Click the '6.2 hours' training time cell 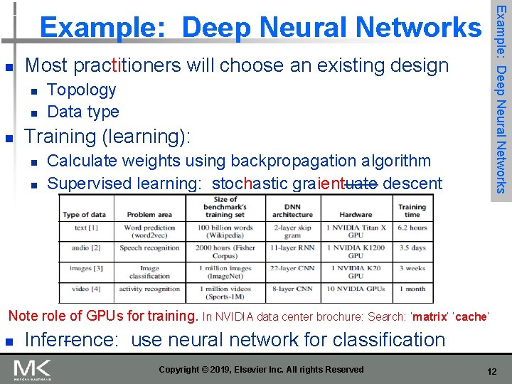click(412, 228)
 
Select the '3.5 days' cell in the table click(412, 248)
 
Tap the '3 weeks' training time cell click(412, 268)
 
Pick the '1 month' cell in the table click(412, 289)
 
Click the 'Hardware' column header click(356, 213)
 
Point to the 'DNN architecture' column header click(292, 209)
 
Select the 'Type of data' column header click(85, 214)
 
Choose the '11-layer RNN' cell click(292, 248)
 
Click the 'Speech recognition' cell click(150, 248)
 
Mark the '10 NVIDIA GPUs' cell click(356, 289)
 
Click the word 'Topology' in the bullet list click(81, 90)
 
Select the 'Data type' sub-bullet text click(82, 112)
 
